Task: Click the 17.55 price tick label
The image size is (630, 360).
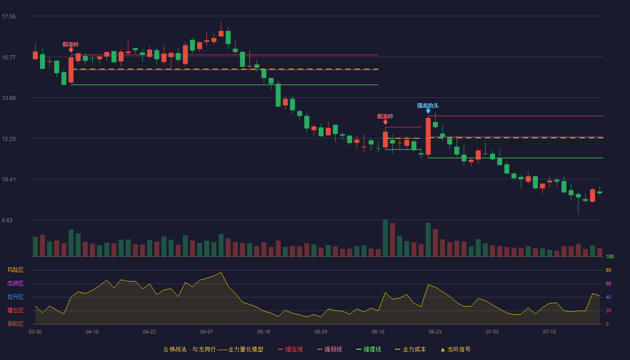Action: click(9, 17)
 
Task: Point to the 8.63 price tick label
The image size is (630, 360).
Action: click(7, 220)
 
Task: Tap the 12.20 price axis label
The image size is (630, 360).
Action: click(9, 139)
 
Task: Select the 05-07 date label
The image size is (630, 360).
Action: click(207, 332)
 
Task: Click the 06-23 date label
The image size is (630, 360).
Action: click(435, 332)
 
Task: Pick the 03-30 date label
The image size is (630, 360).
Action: click(35, 332)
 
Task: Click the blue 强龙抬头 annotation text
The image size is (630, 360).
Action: click(428, 105)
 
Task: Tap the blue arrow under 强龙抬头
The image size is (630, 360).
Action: click(428, 111)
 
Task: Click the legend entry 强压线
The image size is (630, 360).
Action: click(291, 349)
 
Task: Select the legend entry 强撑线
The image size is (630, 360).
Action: click(369, 349)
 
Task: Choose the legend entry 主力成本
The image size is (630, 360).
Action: click(410, 349)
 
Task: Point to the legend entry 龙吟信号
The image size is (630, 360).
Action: click(455, 349)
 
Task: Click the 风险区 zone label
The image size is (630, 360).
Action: click(15, 270)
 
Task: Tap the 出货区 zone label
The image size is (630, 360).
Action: click(15, 283)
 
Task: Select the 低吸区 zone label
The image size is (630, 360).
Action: click(15, 324)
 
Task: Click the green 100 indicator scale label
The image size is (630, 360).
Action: click(610, 256)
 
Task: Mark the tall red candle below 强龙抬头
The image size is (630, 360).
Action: click(428, 136)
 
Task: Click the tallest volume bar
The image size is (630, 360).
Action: click(385, 238)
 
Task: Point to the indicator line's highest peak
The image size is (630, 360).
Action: click(221, 272)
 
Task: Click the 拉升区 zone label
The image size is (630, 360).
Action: click(15, 297)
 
